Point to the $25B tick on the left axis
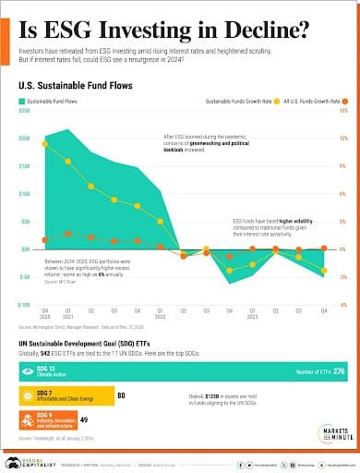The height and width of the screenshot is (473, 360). (x=24, y=110)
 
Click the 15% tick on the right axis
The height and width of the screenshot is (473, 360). (x=342, y=110)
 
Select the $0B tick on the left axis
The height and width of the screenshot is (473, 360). (x=26, y=249)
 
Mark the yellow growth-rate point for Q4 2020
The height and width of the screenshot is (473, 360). (x=45, y=144)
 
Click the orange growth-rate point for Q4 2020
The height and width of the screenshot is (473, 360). (x=45, y=240)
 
